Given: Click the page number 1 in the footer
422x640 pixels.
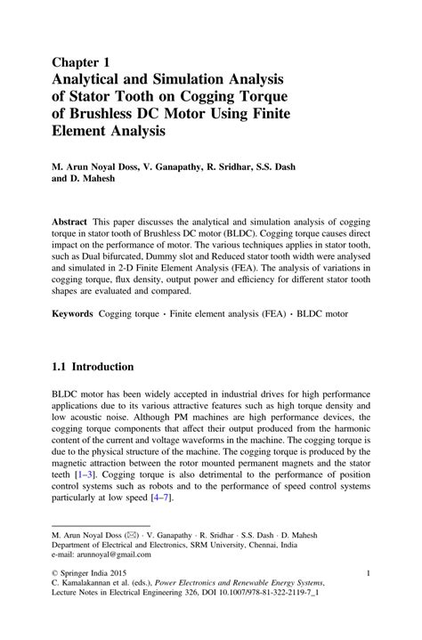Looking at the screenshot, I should click(x=368, y=600).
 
